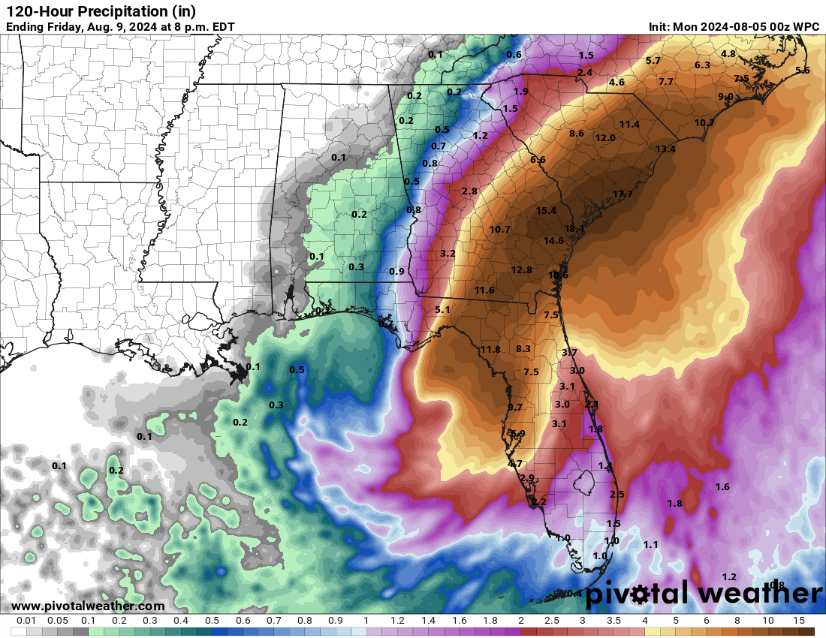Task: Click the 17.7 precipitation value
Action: click(623, 194)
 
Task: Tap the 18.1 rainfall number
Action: click(574, 229)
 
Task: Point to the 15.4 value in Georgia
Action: click(546, 211)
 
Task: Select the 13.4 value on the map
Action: click(665, 149)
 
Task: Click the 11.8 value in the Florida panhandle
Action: click(490, 349)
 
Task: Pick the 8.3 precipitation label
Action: click(523, 348)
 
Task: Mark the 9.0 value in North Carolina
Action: click(725, 97)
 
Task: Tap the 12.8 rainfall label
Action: click(521, 270)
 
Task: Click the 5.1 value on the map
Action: click(442, 309)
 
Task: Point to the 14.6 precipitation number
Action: click(553, 241)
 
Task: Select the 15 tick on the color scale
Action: click(799, 621)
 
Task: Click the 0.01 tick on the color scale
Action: click(26, 621)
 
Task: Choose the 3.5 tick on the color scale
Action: click(613, 621)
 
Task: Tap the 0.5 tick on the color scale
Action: click(212, 621)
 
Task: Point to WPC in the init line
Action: click(806, 27)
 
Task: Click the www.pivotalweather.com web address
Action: click(88, 606)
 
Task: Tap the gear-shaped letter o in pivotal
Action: click(640, 594)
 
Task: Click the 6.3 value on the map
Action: click(702, 65)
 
